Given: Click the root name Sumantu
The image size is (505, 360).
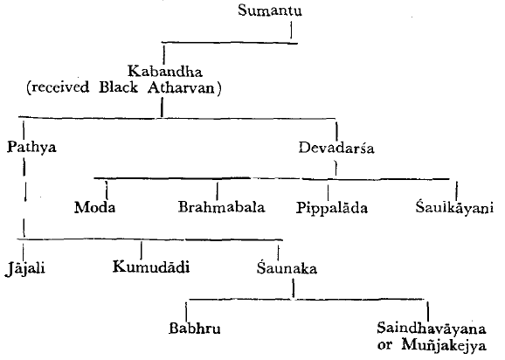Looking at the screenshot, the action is (270, 10).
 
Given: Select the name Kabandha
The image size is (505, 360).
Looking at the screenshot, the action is (165, 71).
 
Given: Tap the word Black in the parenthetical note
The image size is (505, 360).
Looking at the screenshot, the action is (118, 87).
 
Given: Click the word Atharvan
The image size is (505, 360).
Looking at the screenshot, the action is (181, 87).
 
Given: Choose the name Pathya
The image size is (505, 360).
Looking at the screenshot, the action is (31, 147).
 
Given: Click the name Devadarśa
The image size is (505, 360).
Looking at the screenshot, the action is (336, 149).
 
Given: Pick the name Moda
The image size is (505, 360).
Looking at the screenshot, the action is (94, 207).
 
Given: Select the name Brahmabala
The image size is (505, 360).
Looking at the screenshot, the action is (222, 207).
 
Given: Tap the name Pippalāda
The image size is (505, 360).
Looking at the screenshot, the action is (332, 208).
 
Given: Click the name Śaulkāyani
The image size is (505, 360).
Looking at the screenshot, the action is (454, 207).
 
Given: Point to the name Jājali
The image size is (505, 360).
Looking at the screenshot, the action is (25, 268).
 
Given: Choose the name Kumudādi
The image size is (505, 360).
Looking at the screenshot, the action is (151, 267).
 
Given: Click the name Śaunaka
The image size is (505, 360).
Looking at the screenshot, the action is (287, 268).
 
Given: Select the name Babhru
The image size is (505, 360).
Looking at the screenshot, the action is (195, 329).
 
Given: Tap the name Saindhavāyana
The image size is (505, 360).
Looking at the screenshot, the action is (432, 329).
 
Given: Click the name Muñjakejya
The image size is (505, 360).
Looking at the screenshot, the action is (444, 345).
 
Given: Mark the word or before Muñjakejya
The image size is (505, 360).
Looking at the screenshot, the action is (385, 346).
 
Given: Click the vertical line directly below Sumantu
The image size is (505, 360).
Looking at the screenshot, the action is (292, 30).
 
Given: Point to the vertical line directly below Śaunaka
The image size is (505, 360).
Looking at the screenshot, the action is (294, 287).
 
